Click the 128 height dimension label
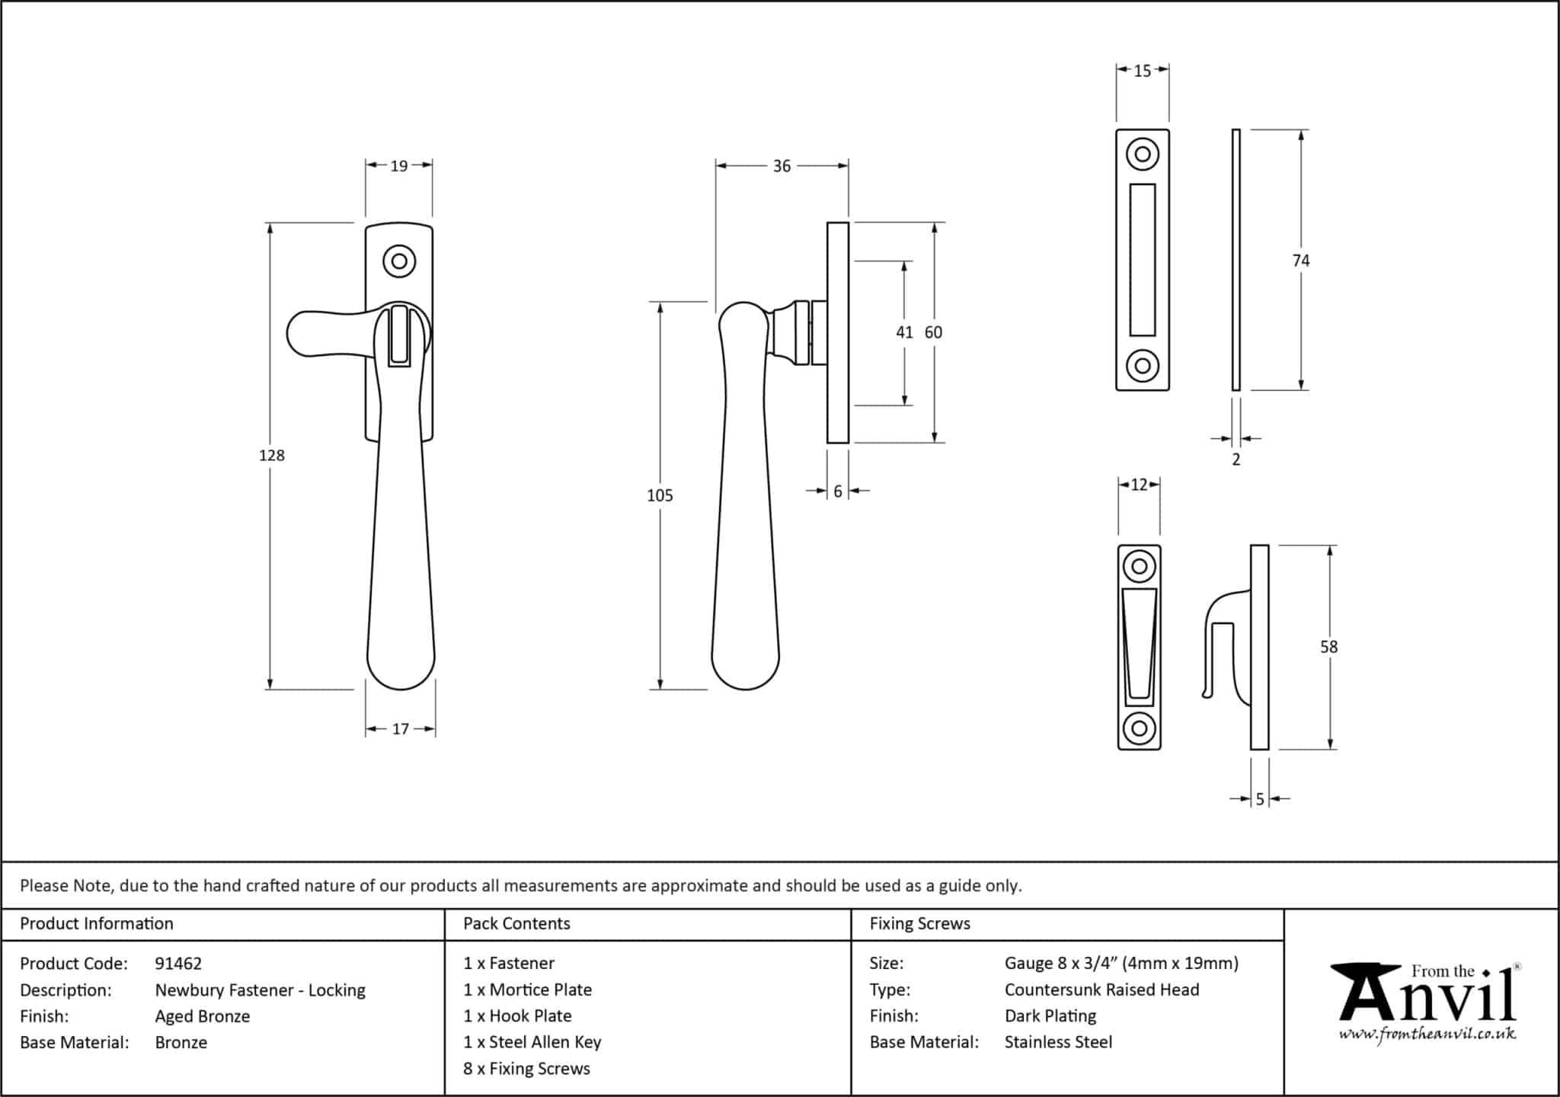click(x=272, y=456)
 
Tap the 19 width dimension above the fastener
click(x=399, y=165)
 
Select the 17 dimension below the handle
click(x=401, y=729)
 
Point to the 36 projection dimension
click(x=782, y=166)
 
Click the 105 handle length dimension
click(x=660, y=496)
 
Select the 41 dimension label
click(x=904, y=333)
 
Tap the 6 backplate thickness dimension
click(x=838, y=491)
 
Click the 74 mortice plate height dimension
click(x=1301, y=261)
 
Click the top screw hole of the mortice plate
click(x=1143, y=155)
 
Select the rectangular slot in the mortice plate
click(x=1143, y=260)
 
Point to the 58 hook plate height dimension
click(x=1328, y=647)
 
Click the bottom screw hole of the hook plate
click(x=1139, y=728)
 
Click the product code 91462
click(x=178, y=964)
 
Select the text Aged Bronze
click(x=203, y=1016)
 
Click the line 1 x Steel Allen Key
click(x=532, y=1042)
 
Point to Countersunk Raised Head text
click(x=1101, y=990)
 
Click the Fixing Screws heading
click(x=919, y=924)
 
